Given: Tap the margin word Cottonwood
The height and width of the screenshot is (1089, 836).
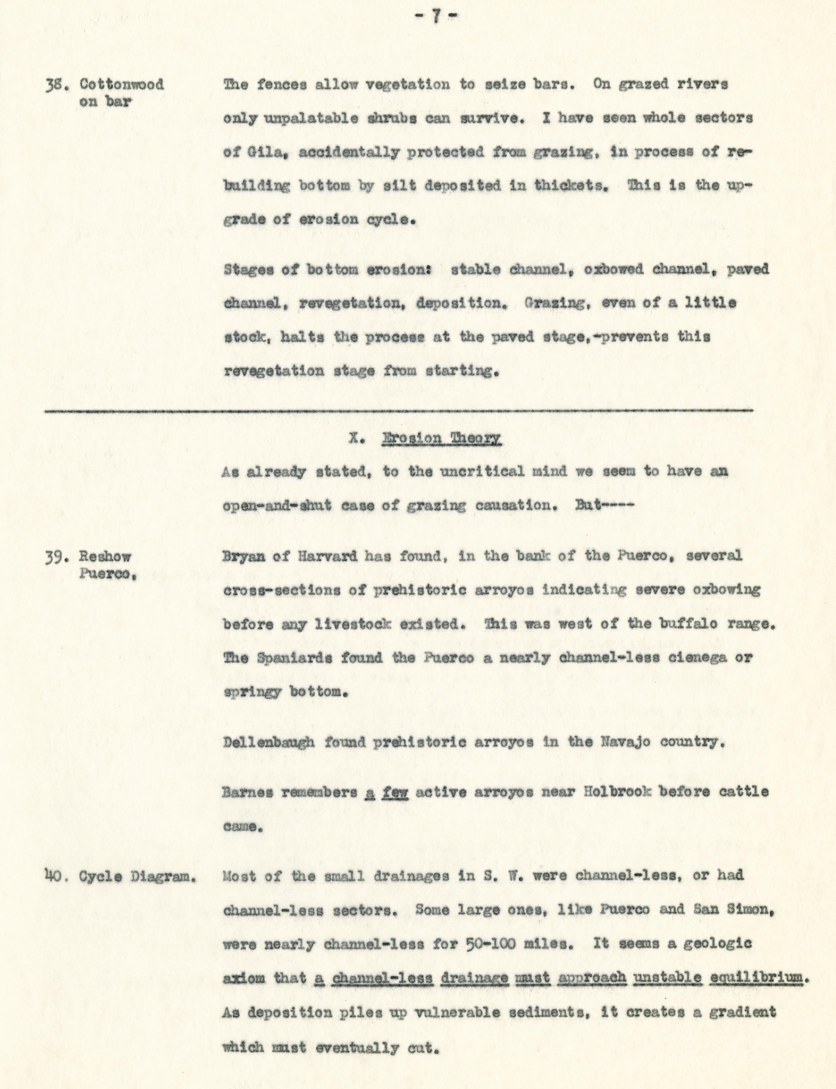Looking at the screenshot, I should pos(122,85).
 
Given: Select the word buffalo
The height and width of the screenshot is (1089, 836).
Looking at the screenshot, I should pos(681,624).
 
